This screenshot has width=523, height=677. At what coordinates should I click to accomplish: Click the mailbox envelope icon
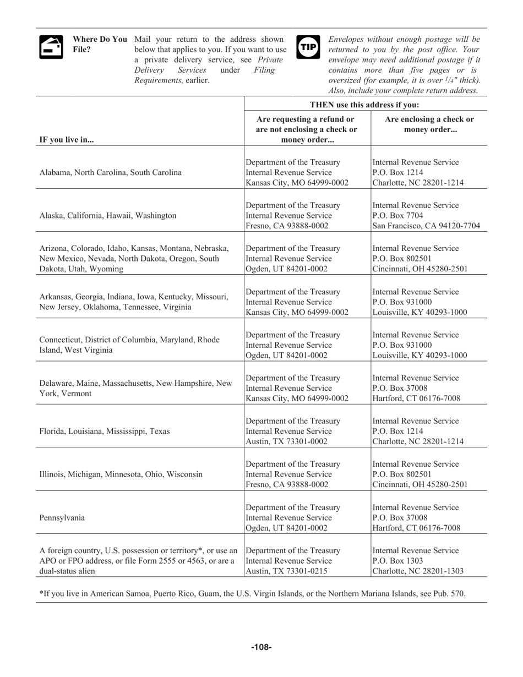50,47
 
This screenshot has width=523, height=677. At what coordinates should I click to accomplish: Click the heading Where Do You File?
99,44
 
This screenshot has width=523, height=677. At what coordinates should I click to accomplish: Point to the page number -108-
261,647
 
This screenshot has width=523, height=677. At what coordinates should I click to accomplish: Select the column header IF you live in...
67,139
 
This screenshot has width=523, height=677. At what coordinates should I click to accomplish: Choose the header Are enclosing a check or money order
429,124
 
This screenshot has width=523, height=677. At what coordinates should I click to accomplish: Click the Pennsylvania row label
62,517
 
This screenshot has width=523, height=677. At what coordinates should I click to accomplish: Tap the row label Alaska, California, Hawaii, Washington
108,215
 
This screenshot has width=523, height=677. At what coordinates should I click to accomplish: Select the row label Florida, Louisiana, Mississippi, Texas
105,431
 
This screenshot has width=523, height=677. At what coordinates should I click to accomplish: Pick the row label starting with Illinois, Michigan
121,474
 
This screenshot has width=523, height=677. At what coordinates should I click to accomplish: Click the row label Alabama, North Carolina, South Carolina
110,172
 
